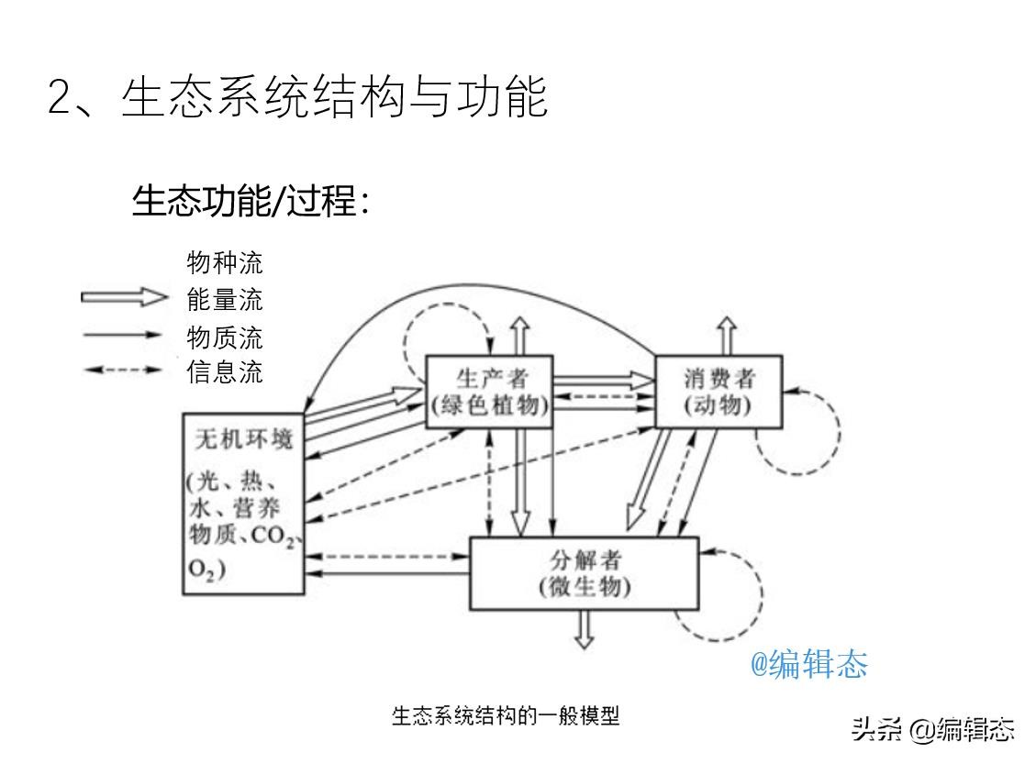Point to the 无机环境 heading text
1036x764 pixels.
coord(243,438)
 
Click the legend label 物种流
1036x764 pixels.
coord(225,263)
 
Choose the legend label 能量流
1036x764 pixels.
coord(225,299)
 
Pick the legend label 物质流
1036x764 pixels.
coord(225,338)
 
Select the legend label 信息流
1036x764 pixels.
coord(225,371)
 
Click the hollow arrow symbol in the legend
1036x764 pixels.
coord(124,297)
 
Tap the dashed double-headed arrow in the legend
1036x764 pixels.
coord(123,370)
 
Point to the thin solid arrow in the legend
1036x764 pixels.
coord(123,335)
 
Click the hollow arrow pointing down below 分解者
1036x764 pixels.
coord(585,629)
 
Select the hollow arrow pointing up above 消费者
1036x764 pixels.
coord(727,336)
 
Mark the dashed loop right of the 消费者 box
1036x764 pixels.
coord(839,433)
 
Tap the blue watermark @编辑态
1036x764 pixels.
coord(808,664)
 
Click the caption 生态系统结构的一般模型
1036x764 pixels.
coord(506,715)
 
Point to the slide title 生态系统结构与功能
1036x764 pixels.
coord(334,97)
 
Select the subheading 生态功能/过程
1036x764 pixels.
coord(244,200)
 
